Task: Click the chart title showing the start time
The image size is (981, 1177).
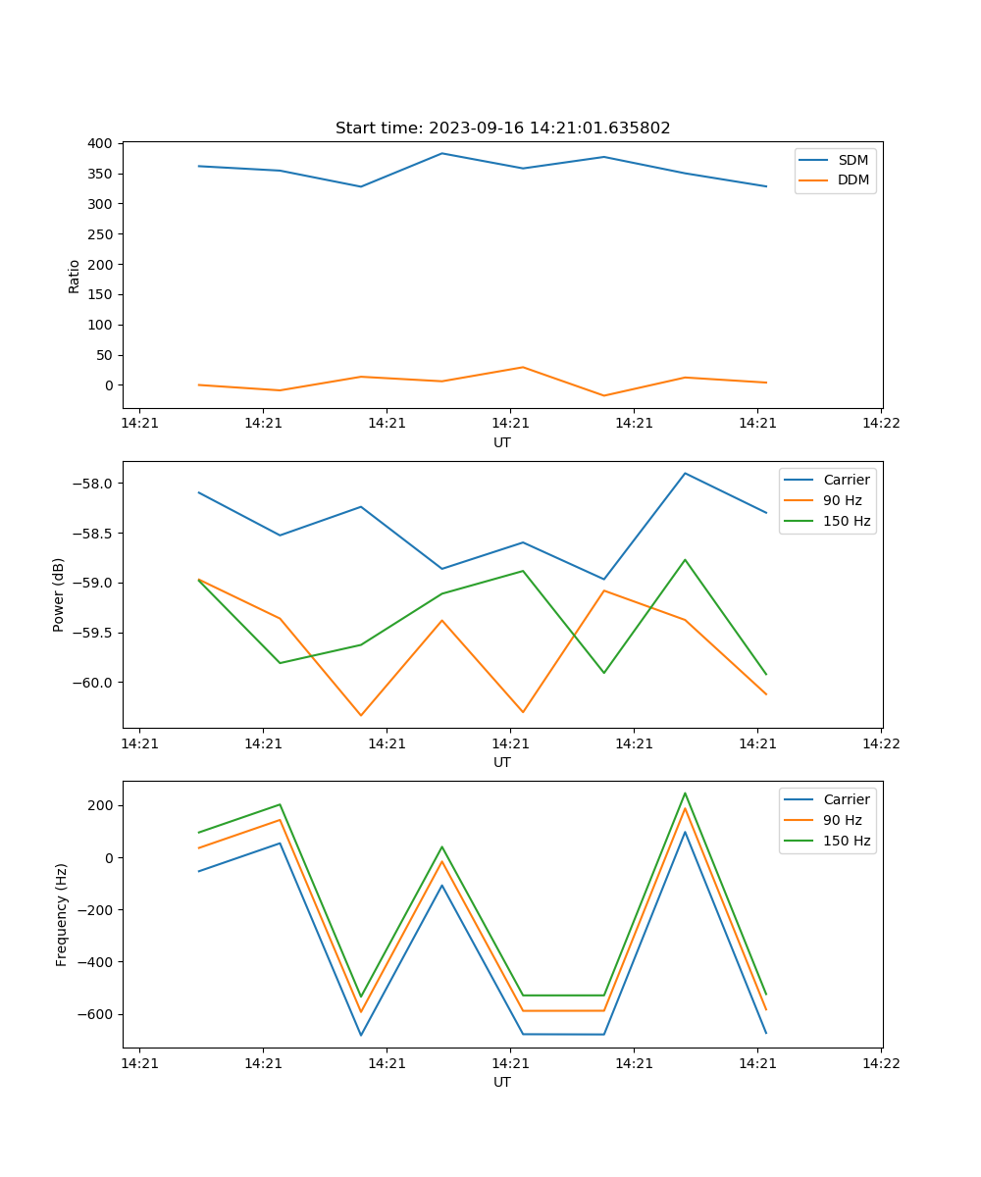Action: pos(502,128)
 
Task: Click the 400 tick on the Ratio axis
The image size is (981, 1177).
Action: pos(100,143)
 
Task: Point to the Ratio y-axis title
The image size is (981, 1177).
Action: pos(75,276)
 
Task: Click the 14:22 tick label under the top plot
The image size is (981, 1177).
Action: pos(880,424)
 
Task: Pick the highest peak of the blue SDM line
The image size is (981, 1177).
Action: pos(441,153)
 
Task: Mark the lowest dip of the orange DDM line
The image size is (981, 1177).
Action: pos(603,396)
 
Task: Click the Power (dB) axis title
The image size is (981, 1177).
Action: pos(59,594)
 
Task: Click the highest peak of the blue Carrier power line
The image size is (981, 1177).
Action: pos(685,473)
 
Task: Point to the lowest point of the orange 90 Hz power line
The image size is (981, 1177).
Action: pos(361,715)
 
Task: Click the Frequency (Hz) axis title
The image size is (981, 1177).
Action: pos(61,914)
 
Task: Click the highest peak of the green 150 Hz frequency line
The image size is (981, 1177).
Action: pos(685,793)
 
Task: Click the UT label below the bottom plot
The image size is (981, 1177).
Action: pos(502,1082)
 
